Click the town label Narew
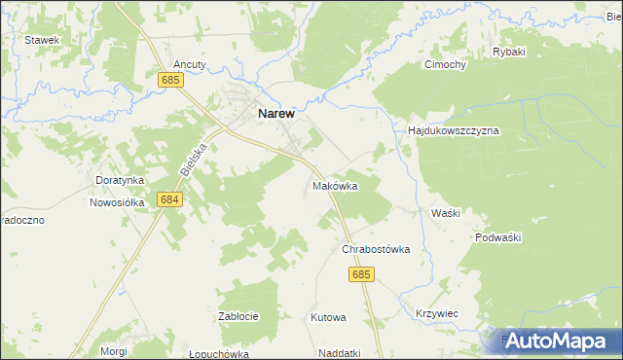tap(282, 113)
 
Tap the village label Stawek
tap(43, 40)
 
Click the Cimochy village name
tap(444, 65)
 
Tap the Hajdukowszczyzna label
tap(453, 129)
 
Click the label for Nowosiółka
tap(117, 202)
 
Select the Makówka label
tap(336, 185)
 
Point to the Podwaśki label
tap(500, 237)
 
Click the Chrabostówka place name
tap(376, 249)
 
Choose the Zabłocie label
tap(238, 316)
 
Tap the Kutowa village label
tap(328, 317)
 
